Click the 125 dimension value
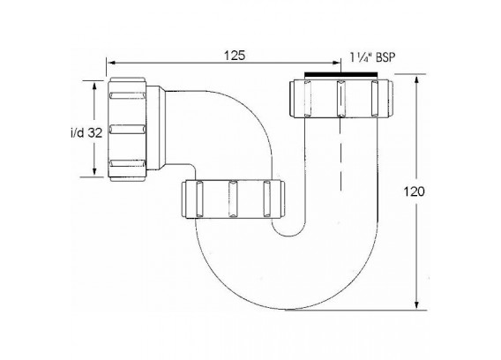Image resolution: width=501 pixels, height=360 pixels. coord(235,56)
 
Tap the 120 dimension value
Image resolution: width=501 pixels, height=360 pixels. coord(414,191)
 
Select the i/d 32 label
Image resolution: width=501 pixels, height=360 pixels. coord(86,132)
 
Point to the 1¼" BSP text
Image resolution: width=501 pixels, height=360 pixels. coord(372,57)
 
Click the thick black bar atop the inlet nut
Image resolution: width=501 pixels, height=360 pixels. coord(341,74)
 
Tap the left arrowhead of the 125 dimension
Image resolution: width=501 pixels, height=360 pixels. coord(111,63)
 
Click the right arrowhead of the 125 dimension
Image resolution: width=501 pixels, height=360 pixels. coord(336,63)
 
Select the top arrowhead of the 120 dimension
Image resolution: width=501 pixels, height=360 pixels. coord(416,79)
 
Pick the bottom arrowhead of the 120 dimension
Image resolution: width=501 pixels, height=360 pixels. coord(416,305)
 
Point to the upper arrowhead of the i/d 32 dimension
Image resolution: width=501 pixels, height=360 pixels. coord(94,85)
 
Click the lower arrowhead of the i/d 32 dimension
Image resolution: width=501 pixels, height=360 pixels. coord(94,172)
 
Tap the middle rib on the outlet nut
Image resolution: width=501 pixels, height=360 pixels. coord(127,130)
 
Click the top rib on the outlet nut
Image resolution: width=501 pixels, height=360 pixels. coord(127,95)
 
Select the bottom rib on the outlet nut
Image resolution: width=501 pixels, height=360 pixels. coord(127,164)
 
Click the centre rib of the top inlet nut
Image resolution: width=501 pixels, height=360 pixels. coord(341,99)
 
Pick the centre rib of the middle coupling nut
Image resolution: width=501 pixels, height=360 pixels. coord(233,199)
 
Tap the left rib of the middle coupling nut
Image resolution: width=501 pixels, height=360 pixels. coord(199,199)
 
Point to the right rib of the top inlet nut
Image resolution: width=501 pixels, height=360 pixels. coord(375,99)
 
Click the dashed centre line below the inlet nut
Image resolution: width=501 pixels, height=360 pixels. coord(341,154)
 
